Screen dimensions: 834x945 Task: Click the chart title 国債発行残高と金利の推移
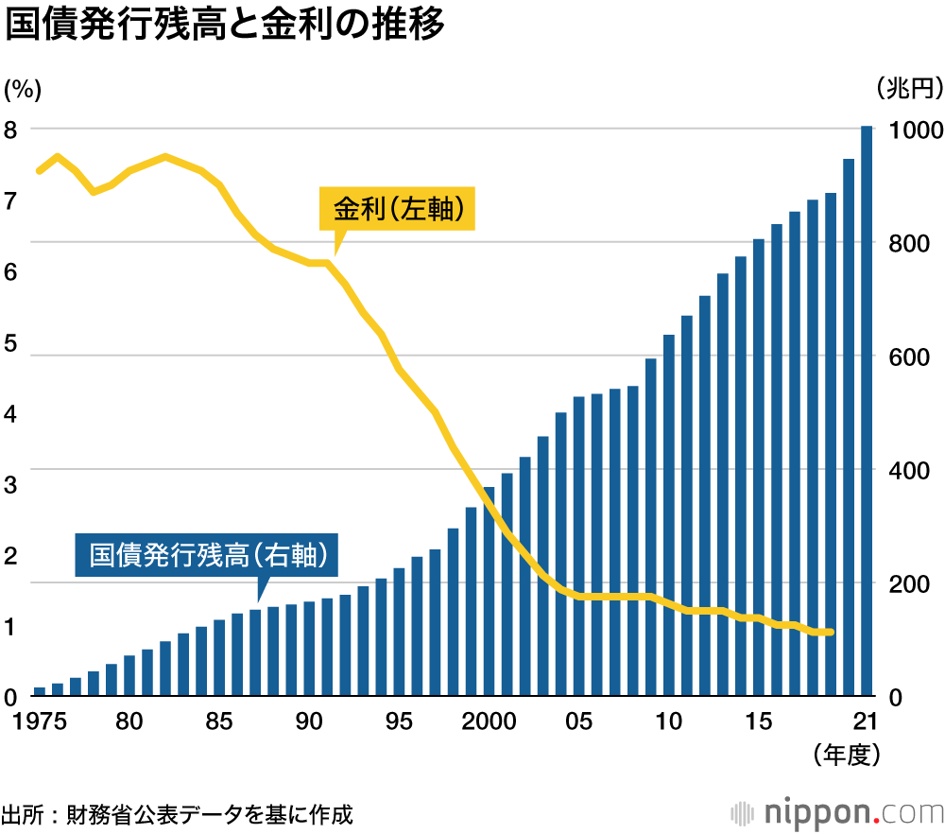pyautogui.click(x=224, y=26)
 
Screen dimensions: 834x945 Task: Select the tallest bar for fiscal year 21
pyautogui.click(x=867, y=411)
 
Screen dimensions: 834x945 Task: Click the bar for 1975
pyautogui.click(x=40, y=691)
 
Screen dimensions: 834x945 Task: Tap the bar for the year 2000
pyautogui.click(x=490, y=592)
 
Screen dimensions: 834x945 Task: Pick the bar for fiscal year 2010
pyautogui.click(x=669, y=515)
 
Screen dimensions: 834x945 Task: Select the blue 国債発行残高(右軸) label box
pyautogui.click(x=206, y=555)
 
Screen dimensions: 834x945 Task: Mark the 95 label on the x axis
pyautogui.click(x=399, y=721)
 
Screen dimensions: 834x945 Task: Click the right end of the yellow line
pyautogui.click(x=831, y=633)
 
